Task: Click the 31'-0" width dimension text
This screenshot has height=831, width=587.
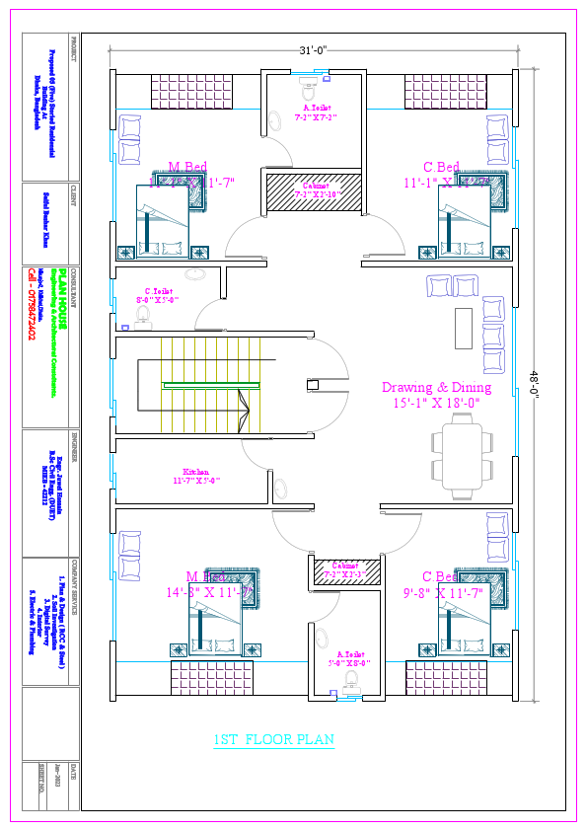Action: (314, 49)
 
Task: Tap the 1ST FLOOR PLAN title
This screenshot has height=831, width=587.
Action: (273, 739)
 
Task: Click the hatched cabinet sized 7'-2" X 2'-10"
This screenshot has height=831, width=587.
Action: (315, 190)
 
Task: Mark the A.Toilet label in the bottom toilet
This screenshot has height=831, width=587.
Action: (350, 654)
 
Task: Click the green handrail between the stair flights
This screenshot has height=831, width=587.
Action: (211, 384)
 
